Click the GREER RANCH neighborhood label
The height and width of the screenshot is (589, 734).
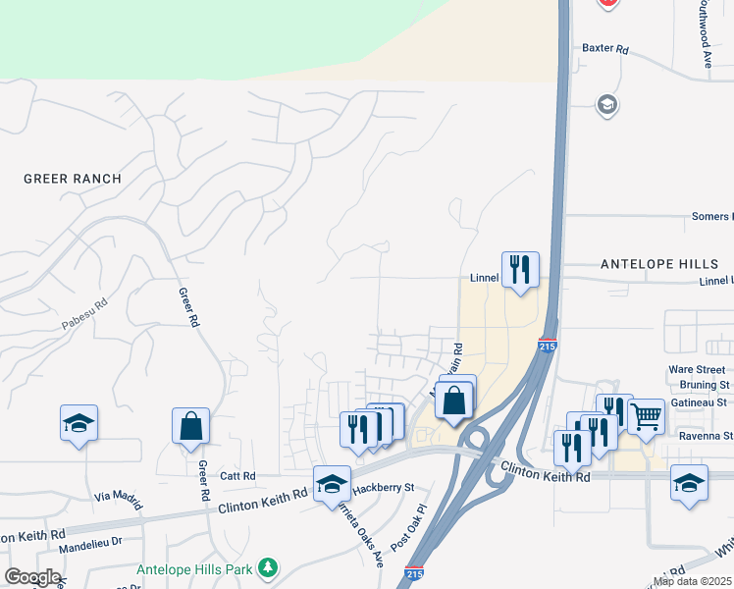(x=73, y=179)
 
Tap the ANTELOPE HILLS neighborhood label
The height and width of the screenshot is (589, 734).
(x=658, y=264)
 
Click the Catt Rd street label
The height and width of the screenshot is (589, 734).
(x=237, y=476)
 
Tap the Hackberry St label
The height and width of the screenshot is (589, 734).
(x=385, y=487)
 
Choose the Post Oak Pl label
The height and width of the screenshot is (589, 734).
(x=411, y=528)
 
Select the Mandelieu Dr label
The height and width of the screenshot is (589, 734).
(x=90, y=539)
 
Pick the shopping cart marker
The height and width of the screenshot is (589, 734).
(x=645, y=417)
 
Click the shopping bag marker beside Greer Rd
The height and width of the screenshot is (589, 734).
(x=190, y=425)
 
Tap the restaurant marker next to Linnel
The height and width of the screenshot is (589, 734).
(x=520, y=268)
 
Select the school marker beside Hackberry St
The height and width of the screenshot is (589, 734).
(x=333, y=483)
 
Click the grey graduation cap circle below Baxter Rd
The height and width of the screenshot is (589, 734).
(x=607, y=105)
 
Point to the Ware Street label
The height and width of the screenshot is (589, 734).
(x=697, y=370)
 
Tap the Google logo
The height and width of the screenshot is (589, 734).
(x=32, y=577)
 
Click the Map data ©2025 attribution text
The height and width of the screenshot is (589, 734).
(x=692, y=581)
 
